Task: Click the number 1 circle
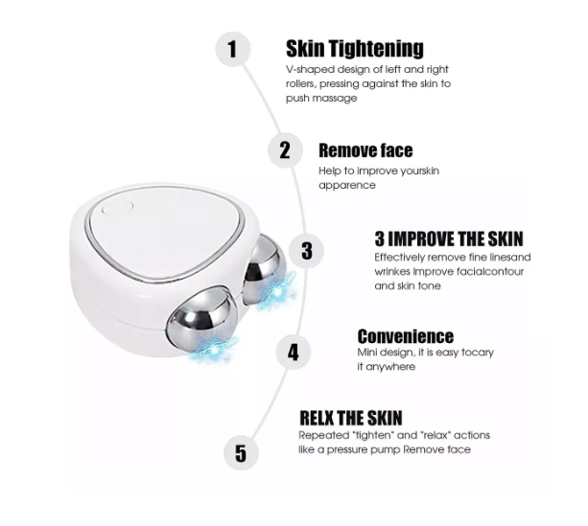point(233,48)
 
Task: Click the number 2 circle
point(285,150)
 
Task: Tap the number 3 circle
point(306,251)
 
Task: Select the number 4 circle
point(293,352)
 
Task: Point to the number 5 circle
point(241,452)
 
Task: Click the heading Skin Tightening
point(354,49)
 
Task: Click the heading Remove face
point(365,150)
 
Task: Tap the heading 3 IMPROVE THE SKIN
point(449,239)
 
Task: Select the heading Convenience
point(405,336)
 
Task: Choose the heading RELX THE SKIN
point(351,418)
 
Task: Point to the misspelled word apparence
point(347,185)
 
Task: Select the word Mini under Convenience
point(369,353)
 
